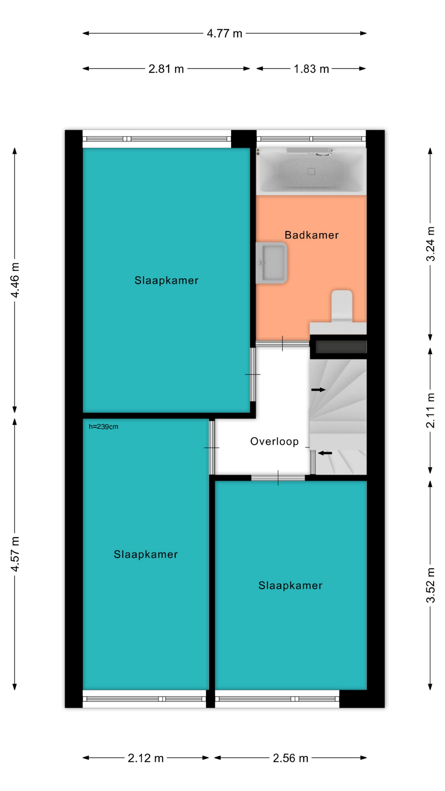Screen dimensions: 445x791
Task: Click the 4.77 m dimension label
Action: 224,33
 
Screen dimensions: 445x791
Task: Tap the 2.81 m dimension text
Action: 166,69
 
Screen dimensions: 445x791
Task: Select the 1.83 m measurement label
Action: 311,69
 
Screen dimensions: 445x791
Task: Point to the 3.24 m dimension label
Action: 430,243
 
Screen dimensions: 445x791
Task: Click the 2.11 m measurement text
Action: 430,410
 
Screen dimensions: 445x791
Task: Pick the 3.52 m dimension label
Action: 430,585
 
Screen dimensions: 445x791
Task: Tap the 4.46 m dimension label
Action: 15,280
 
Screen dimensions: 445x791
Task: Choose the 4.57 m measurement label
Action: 15,554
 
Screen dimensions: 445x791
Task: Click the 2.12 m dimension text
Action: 145,758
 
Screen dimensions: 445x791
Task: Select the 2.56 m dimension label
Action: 290,758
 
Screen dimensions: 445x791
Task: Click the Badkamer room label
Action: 311,235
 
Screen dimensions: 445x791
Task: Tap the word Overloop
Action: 274,442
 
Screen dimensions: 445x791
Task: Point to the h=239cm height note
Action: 103,427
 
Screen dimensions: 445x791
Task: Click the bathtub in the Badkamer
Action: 311,171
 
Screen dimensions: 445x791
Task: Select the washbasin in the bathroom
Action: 271,263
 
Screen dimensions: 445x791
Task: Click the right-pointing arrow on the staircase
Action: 318,390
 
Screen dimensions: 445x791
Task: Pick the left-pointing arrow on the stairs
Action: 325,453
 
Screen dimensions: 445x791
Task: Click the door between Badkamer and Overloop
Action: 282,344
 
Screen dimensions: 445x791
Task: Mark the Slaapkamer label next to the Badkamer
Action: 166,281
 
